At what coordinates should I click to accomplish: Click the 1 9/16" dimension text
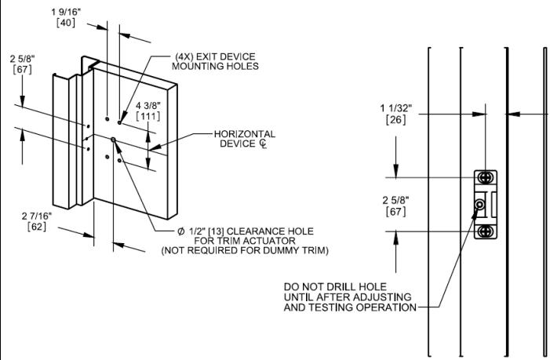pos(66,12)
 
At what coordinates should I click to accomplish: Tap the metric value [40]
pos(66,23)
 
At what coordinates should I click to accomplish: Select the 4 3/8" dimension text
pos(148,106)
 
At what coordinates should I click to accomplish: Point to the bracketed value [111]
pos(148,116)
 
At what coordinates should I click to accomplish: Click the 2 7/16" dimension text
pos(37,216)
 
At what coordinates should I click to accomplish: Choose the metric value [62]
pos(37,227)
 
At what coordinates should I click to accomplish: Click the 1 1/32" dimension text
pos(396,108)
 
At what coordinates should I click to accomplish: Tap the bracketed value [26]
pos(395,119)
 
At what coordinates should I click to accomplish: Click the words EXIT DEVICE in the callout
pos(225,56)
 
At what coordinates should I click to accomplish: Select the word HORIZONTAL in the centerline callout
pos(245,134)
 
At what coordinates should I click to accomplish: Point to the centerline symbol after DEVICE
pos(263,144)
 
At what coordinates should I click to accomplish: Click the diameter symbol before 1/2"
pos(181,231)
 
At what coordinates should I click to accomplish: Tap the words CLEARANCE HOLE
pos(270,231)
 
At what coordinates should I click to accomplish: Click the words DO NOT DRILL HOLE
pos(335,287)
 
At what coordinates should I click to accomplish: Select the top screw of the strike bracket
pos(486,178)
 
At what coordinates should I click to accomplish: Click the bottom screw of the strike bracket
pos(486,231)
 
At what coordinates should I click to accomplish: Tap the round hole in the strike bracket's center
pos(479,204)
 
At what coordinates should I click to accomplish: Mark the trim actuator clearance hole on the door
pos(113,140)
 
